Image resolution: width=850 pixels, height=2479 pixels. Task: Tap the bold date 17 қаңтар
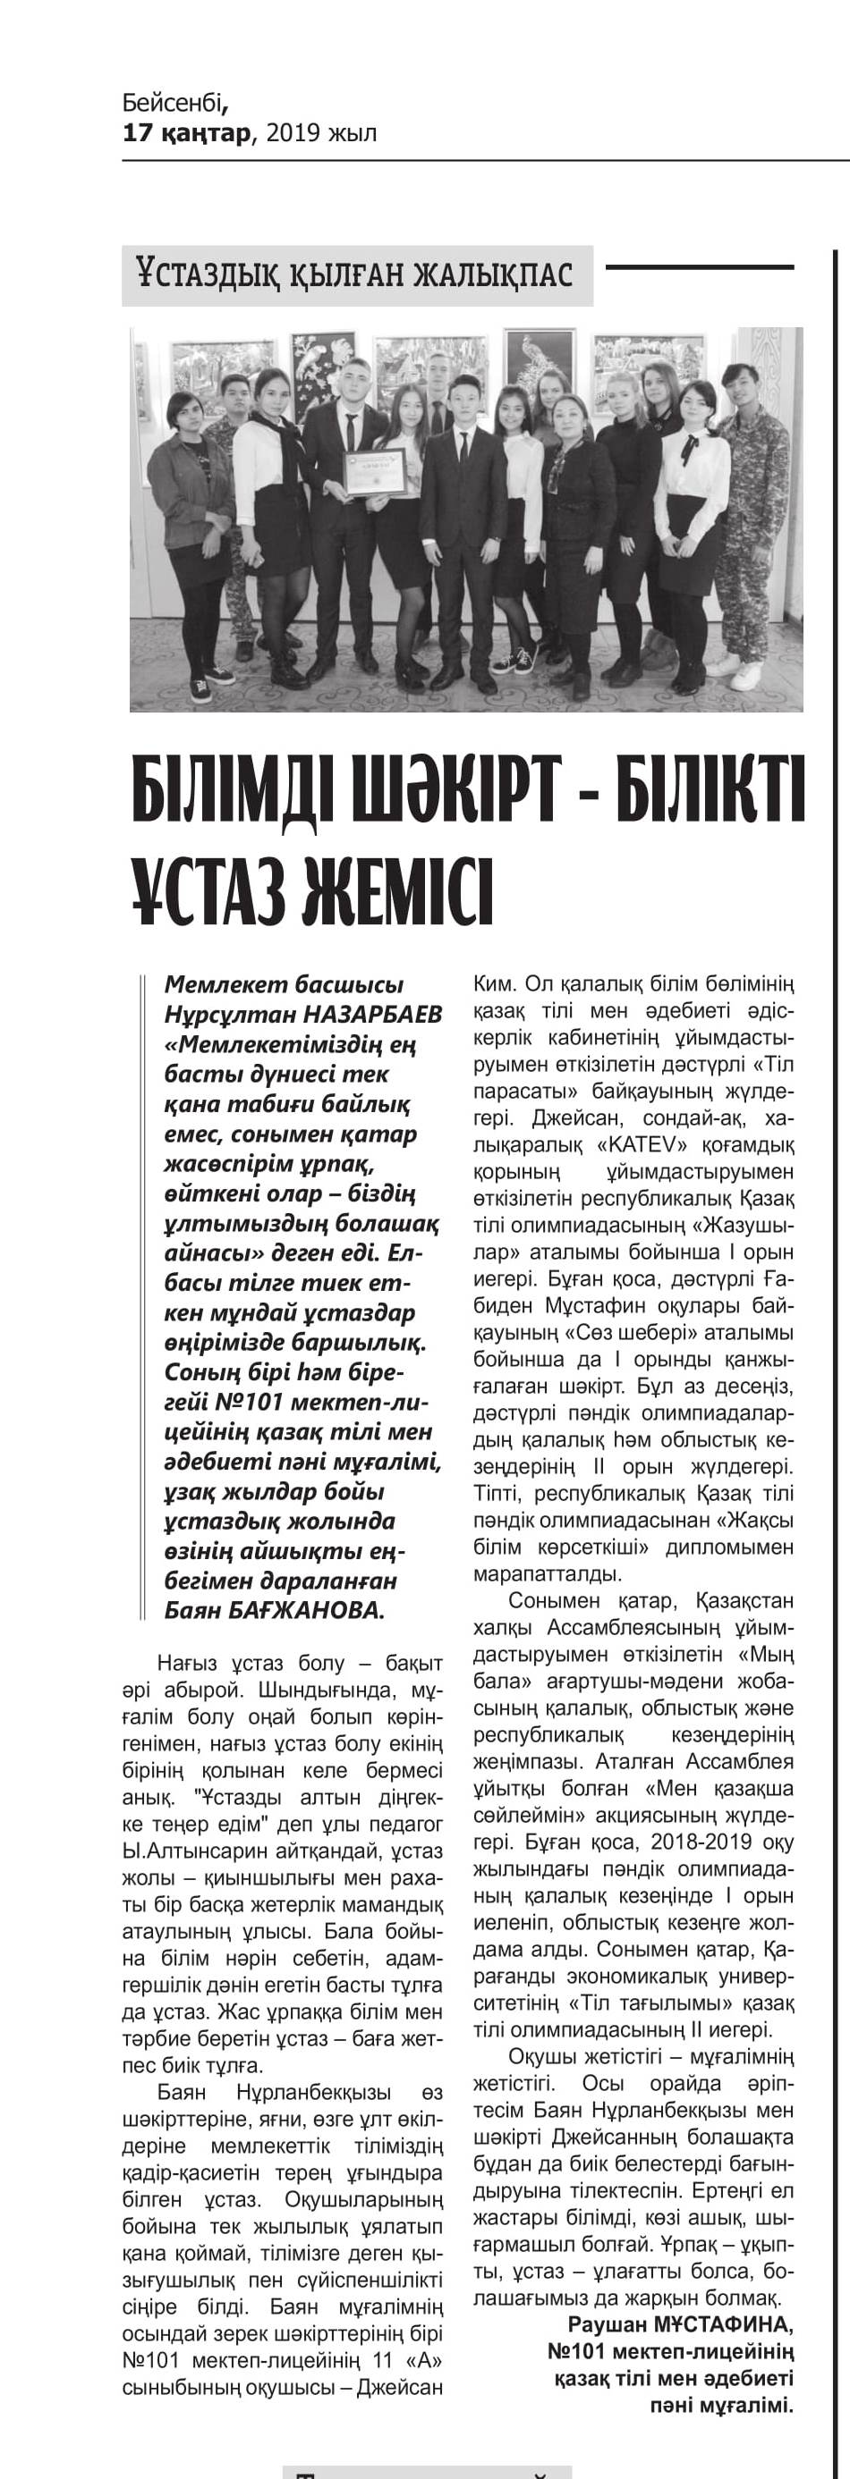pyautogui.click(x=186, y=133)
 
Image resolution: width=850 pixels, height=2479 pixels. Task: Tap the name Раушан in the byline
pyautogui.click(x=609, y=2324)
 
